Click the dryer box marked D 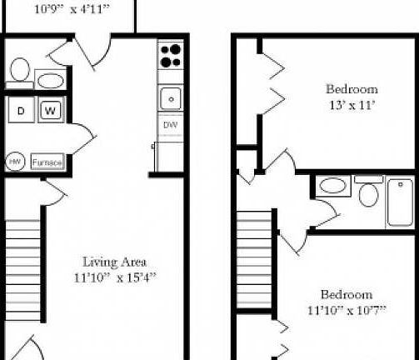(x=21, y=110)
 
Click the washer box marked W (x=50, y=110)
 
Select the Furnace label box (x=47, y=162)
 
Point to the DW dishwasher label (x=170, y=124)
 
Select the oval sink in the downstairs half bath (x=52, y=81)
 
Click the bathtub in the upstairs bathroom (x=401, y=202)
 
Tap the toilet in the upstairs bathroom (x=367, y=192)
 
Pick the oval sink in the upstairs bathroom (x=334, y=185)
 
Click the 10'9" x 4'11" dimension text (x=70, y=11)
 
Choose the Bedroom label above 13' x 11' (x=351, y=88)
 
